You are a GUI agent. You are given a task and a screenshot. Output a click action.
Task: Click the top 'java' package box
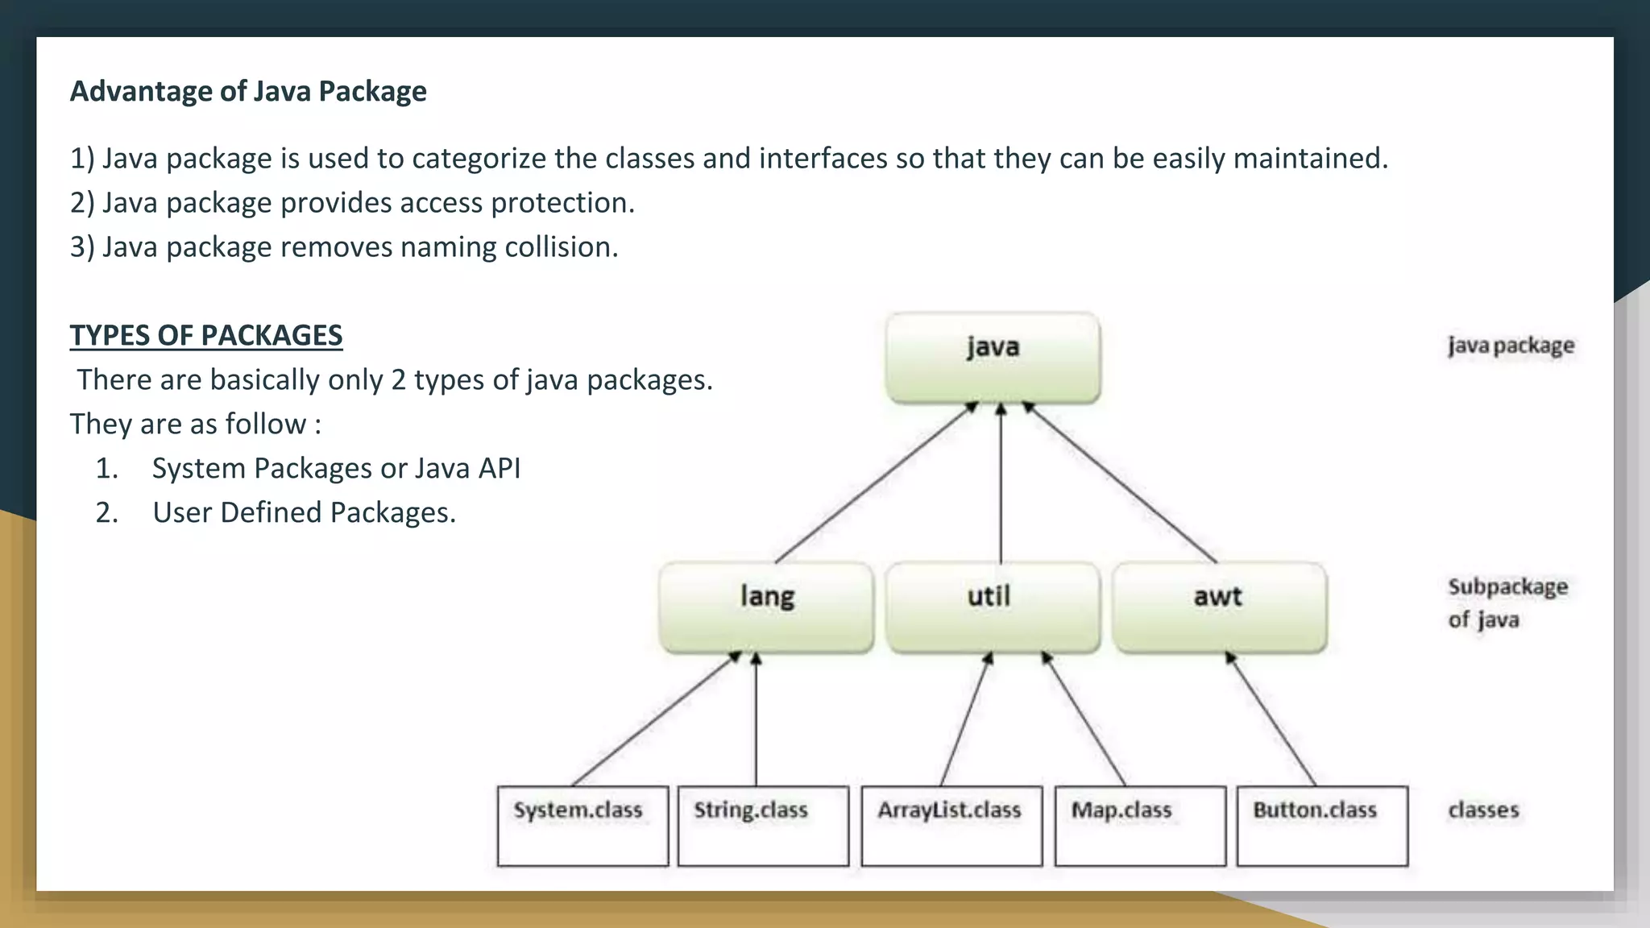[x=993, y=358]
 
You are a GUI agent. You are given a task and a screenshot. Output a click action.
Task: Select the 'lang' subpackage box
[x=766, y=607]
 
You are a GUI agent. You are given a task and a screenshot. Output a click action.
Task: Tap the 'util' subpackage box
[x=992, y=607]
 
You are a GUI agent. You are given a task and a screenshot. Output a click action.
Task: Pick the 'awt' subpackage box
[x=1219, y=607]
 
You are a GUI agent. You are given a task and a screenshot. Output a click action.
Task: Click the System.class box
[x=582, y=826]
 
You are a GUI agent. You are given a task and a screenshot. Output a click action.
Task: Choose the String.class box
[x=763, y=826]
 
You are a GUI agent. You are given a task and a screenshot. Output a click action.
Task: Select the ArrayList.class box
[x=951, y=826]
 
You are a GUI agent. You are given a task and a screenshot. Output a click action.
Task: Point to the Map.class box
[x=1140, y=826]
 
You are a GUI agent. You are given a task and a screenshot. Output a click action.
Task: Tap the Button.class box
[x=1322, y=826]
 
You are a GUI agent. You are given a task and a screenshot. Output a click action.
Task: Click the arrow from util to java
[x=1001, y=483]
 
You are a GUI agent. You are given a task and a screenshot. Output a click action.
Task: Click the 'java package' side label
[x=1511, y=346]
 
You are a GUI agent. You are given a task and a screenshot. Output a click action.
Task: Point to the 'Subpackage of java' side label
[x=1507, y=603]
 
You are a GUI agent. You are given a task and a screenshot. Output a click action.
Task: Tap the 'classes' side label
[x=1483, y=810]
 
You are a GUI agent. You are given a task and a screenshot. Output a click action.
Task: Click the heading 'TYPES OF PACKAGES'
[x=206, y=335]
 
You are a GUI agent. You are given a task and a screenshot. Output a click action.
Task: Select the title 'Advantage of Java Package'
[x=248, y=91]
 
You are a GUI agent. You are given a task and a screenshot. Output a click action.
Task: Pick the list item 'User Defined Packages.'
[x=304, y=512]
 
